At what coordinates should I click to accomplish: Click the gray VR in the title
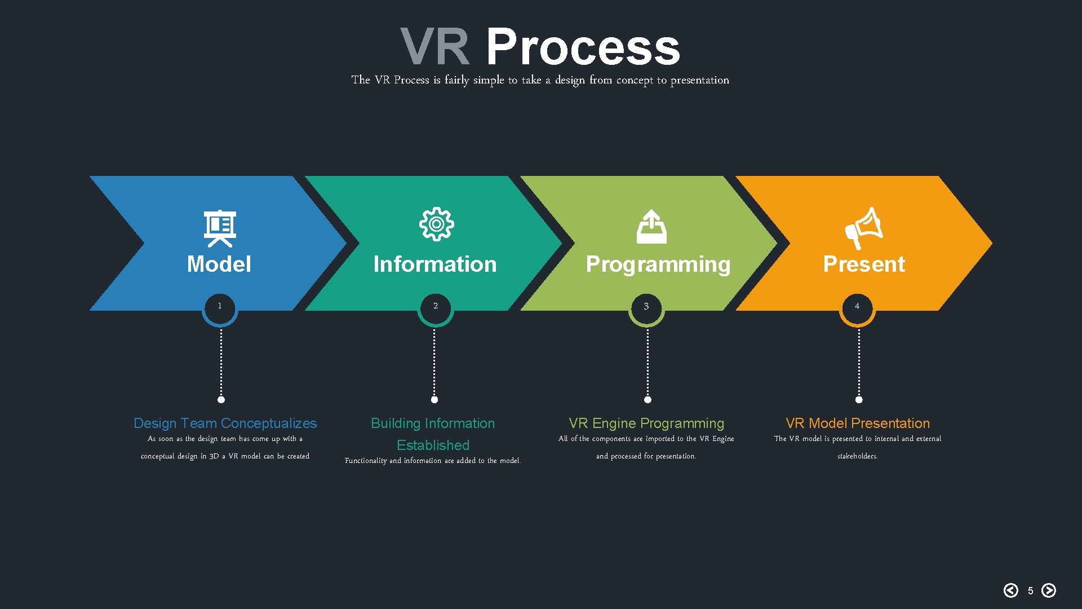434,47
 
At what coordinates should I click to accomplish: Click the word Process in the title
583,47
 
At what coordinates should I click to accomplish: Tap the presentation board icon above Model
220,228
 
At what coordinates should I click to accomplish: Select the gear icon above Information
436,224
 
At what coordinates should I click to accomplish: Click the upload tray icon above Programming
651,227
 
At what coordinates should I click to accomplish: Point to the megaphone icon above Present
863,228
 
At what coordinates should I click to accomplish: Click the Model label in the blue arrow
219,264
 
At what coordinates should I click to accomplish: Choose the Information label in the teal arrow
434,264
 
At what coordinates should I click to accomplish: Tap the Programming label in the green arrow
658,264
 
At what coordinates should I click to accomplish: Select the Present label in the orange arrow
863,264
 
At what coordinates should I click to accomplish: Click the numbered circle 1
220,308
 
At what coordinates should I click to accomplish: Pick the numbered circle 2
435,308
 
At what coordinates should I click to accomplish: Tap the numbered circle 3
646,308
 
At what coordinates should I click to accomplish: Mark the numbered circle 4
857,308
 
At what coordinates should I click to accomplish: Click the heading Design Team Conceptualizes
225,423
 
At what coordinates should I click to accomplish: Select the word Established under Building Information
433,445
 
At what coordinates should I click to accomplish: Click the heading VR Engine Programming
646,423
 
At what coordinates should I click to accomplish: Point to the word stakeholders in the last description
857,456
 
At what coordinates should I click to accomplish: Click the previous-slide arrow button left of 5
1011,590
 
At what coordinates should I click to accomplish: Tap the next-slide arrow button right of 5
1049,590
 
